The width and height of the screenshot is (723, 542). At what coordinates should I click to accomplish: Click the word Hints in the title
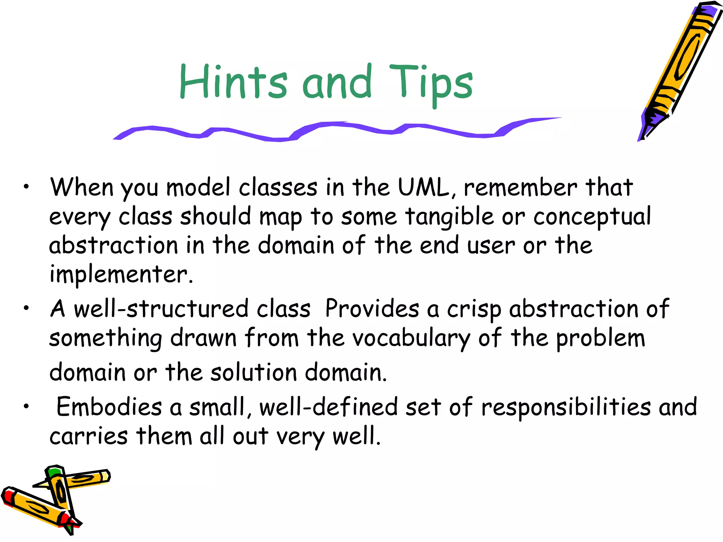tap(233, 82)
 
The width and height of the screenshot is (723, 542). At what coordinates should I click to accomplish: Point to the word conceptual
tap(592, 217)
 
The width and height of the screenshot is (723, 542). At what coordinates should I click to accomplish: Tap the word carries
tap(88, 436)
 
